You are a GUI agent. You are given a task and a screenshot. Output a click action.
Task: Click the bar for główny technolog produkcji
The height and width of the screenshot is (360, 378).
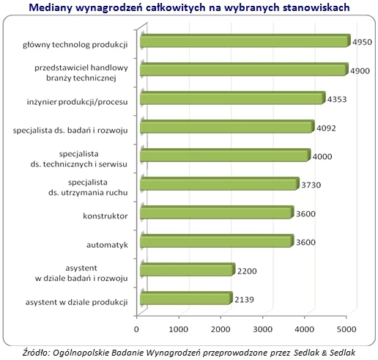coord(245,40)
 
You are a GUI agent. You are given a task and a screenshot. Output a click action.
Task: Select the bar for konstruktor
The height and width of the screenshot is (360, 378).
coord(217,213)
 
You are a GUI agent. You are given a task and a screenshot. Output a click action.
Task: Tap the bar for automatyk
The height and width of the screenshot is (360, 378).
coord(217,241)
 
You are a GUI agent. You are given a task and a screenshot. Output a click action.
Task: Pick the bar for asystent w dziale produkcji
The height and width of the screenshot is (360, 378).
coord(186,298)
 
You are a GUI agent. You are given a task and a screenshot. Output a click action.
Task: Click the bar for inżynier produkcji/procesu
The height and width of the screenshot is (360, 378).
coord(233,98)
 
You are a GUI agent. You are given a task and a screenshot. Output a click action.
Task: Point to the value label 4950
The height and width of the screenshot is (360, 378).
coord(362,42)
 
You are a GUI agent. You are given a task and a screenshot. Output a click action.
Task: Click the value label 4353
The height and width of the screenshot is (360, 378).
coord(337,100)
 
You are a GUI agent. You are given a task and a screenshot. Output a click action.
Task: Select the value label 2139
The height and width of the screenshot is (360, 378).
coord(244,300)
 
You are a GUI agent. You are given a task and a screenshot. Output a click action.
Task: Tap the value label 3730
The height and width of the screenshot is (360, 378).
coord(311,185)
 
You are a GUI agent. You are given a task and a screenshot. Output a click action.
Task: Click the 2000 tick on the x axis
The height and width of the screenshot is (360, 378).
coord(220,329)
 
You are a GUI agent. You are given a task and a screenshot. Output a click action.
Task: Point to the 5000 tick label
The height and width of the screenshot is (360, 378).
coord(346,329)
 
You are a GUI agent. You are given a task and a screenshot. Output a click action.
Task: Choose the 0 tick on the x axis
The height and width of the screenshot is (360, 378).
coord(136,329)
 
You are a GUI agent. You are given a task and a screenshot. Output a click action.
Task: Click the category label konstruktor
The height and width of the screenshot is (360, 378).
coord(105,216)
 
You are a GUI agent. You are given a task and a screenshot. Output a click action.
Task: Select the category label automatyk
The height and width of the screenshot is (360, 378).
coord(107,245)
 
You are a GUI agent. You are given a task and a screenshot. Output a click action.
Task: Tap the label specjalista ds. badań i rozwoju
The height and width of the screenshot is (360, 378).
coord(70,131)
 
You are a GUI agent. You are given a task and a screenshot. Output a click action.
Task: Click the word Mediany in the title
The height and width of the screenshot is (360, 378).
coord(51,7)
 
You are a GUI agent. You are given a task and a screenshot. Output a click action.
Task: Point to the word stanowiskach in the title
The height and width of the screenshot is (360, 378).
coord(316,7)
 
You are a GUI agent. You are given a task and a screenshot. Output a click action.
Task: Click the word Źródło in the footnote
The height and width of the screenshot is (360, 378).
coord(36,353)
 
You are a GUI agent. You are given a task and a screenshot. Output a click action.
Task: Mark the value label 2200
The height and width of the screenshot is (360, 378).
coord(247,271)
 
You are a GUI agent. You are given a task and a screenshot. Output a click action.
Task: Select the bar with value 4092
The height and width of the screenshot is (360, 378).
coord(227,127)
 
